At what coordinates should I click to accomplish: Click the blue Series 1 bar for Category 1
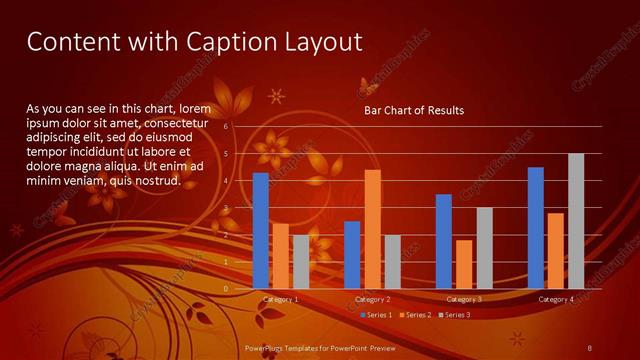pyautogui.click(x=260, y=231)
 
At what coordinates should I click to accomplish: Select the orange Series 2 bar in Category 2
pyautogui.click(x=372, y=229)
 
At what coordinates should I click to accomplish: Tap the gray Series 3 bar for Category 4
pyautogui.click(x=576, y=221)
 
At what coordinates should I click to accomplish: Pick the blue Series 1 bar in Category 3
pyautogui.click(x=444, y=241)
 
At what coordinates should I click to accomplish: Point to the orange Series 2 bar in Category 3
pyautogui.click(x=464, y=264)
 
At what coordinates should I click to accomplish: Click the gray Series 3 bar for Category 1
pyautogui.click(x=301, y=262)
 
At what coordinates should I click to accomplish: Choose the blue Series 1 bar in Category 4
pyautogui.click(x=535, y=228)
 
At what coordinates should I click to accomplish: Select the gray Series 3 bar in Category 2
pyautogui.click(x=392, y=262)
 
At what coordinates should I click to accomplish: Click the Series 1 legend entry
pyautogui.click(x=375, y=315)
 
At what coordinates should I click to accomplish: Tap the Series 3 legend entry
pyautogui.click(x=453, y=315)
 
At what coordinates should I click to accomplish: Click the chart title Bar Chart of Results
pyautogui.click(x=413, y=110)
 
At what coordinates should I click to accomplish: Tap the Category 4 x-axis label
pyautogui.click(x=556, y=300)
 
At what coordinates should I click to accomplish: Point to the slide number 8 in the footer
pyautogui.click(x=590, y=347)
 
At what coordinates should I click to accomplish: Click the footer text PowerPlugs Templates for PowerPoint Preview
pyautogui.click(x=320, y=347)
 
